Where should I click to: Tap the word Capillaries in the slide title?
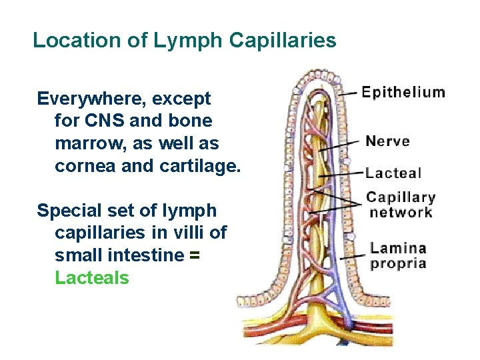(283, 41)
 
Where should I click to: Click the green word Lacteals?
(92, 277)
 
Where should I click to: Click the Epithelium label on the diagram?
(403, 92)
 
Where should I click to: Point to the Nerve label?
(387, 141)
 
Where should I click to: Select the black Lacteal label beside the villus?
(393, 173)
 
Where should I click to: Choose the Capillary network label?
(401, 205)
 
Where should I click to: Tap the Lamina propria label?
(398, 255)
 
